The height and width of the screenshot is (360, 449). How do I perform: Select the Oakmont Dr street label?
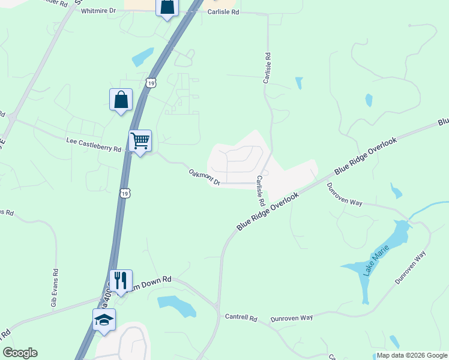(x=205, y=178)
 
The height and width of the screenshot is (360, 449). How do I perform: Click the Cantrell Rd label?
(x=241, y=317)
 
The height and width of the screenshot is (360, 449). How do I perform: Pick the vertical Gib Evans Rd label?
(x=54, y=287)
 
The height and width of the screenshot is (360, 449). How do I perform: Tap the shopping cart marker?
(x=140, y=142)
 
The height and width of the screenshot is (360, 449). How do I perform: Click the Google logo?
(x=20, y=353)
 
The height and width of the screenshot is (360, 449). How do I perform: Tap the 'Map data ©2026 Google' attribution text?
(x=411, y=355)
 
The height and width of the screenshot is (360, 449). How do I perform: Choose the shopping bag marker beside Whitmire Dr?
(x=167, y=8)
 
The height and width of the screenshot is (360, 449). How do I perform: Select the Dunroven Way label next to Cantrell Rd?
(x=292, y=317)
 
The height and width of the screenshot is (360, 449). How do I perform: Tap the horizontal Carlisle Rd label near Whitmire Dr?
(x=223, y=12)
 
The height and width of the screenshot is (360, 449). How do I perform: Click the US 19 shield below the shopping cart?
(x=124, y=193)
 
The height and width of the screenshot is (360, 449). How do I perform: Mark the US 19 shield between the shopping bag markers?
(x=150, y=83)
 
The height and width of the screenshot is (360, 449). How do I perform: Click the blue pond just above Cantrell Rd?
(x=178, y=305)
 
